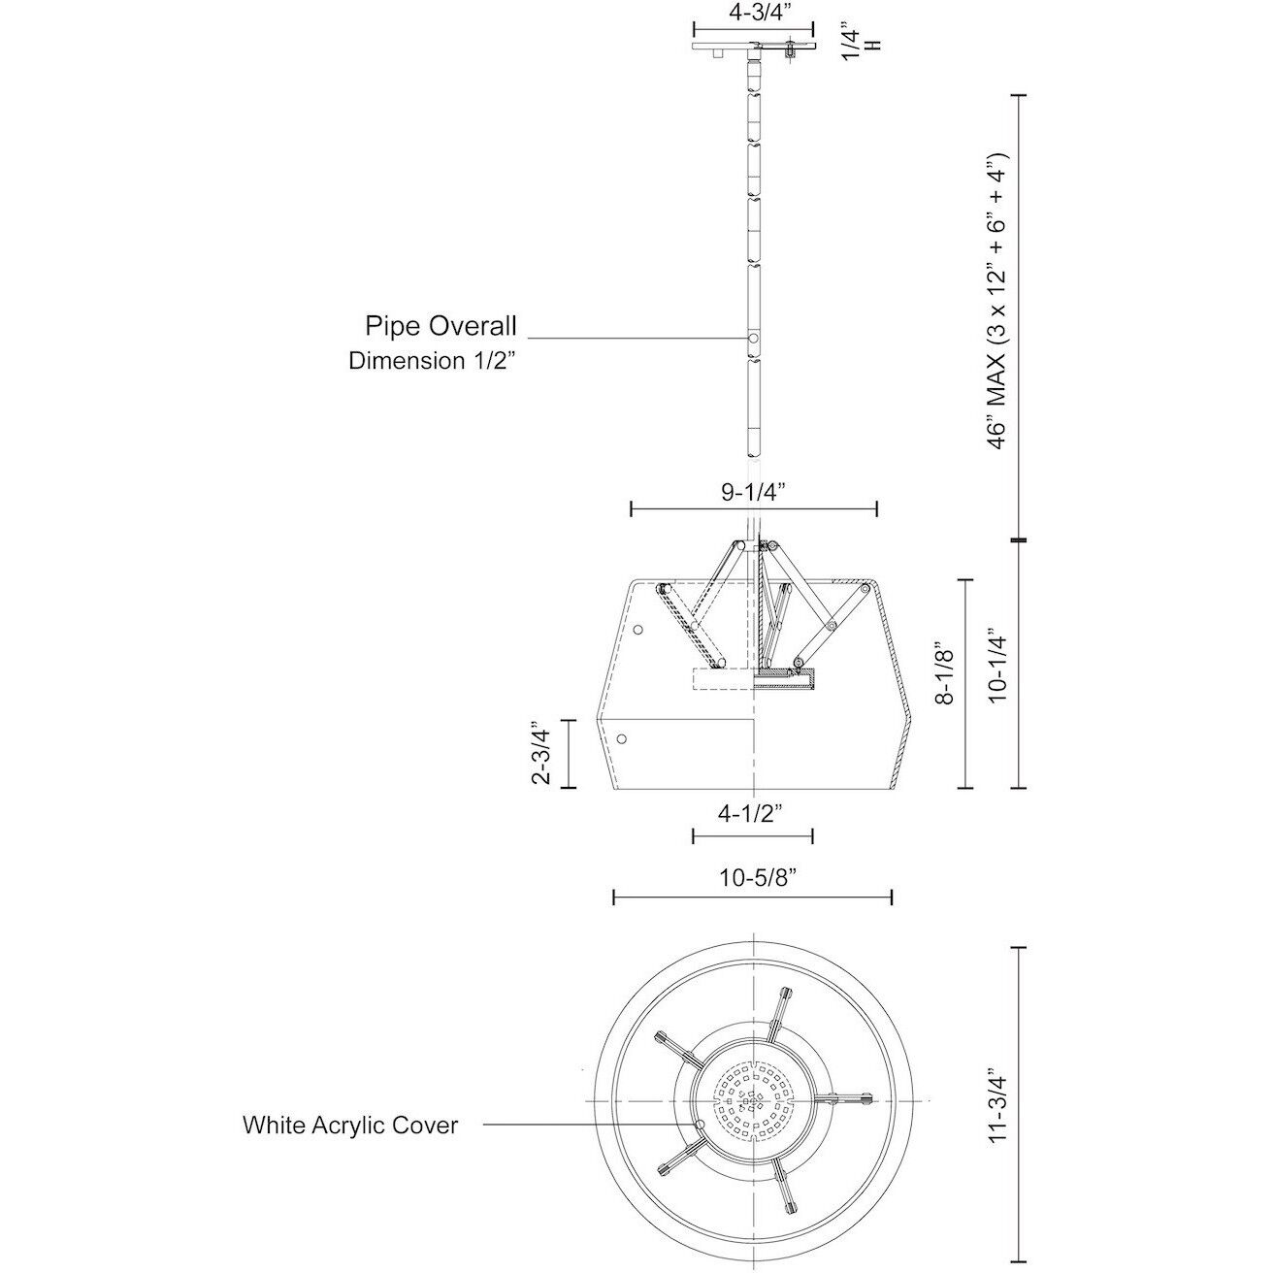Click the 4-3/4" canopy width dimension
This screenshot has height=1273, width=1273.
(x=753, y=14)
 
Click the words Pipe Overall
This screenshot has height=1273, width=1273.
(x=441, y=324)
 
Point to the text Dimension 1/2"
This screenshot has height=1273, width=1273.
(x=433, y=361)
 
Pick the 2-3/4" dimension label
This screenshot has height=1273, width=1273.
(x=542, y=753)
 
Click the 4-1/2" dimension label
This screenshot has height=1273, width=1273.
(x=751, y=815)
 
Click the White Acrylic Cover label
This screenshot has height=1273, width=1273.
(x=350, y=1126)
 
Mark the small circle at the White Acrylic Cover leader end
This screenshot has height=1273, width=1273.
(x=701, y=1125)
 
